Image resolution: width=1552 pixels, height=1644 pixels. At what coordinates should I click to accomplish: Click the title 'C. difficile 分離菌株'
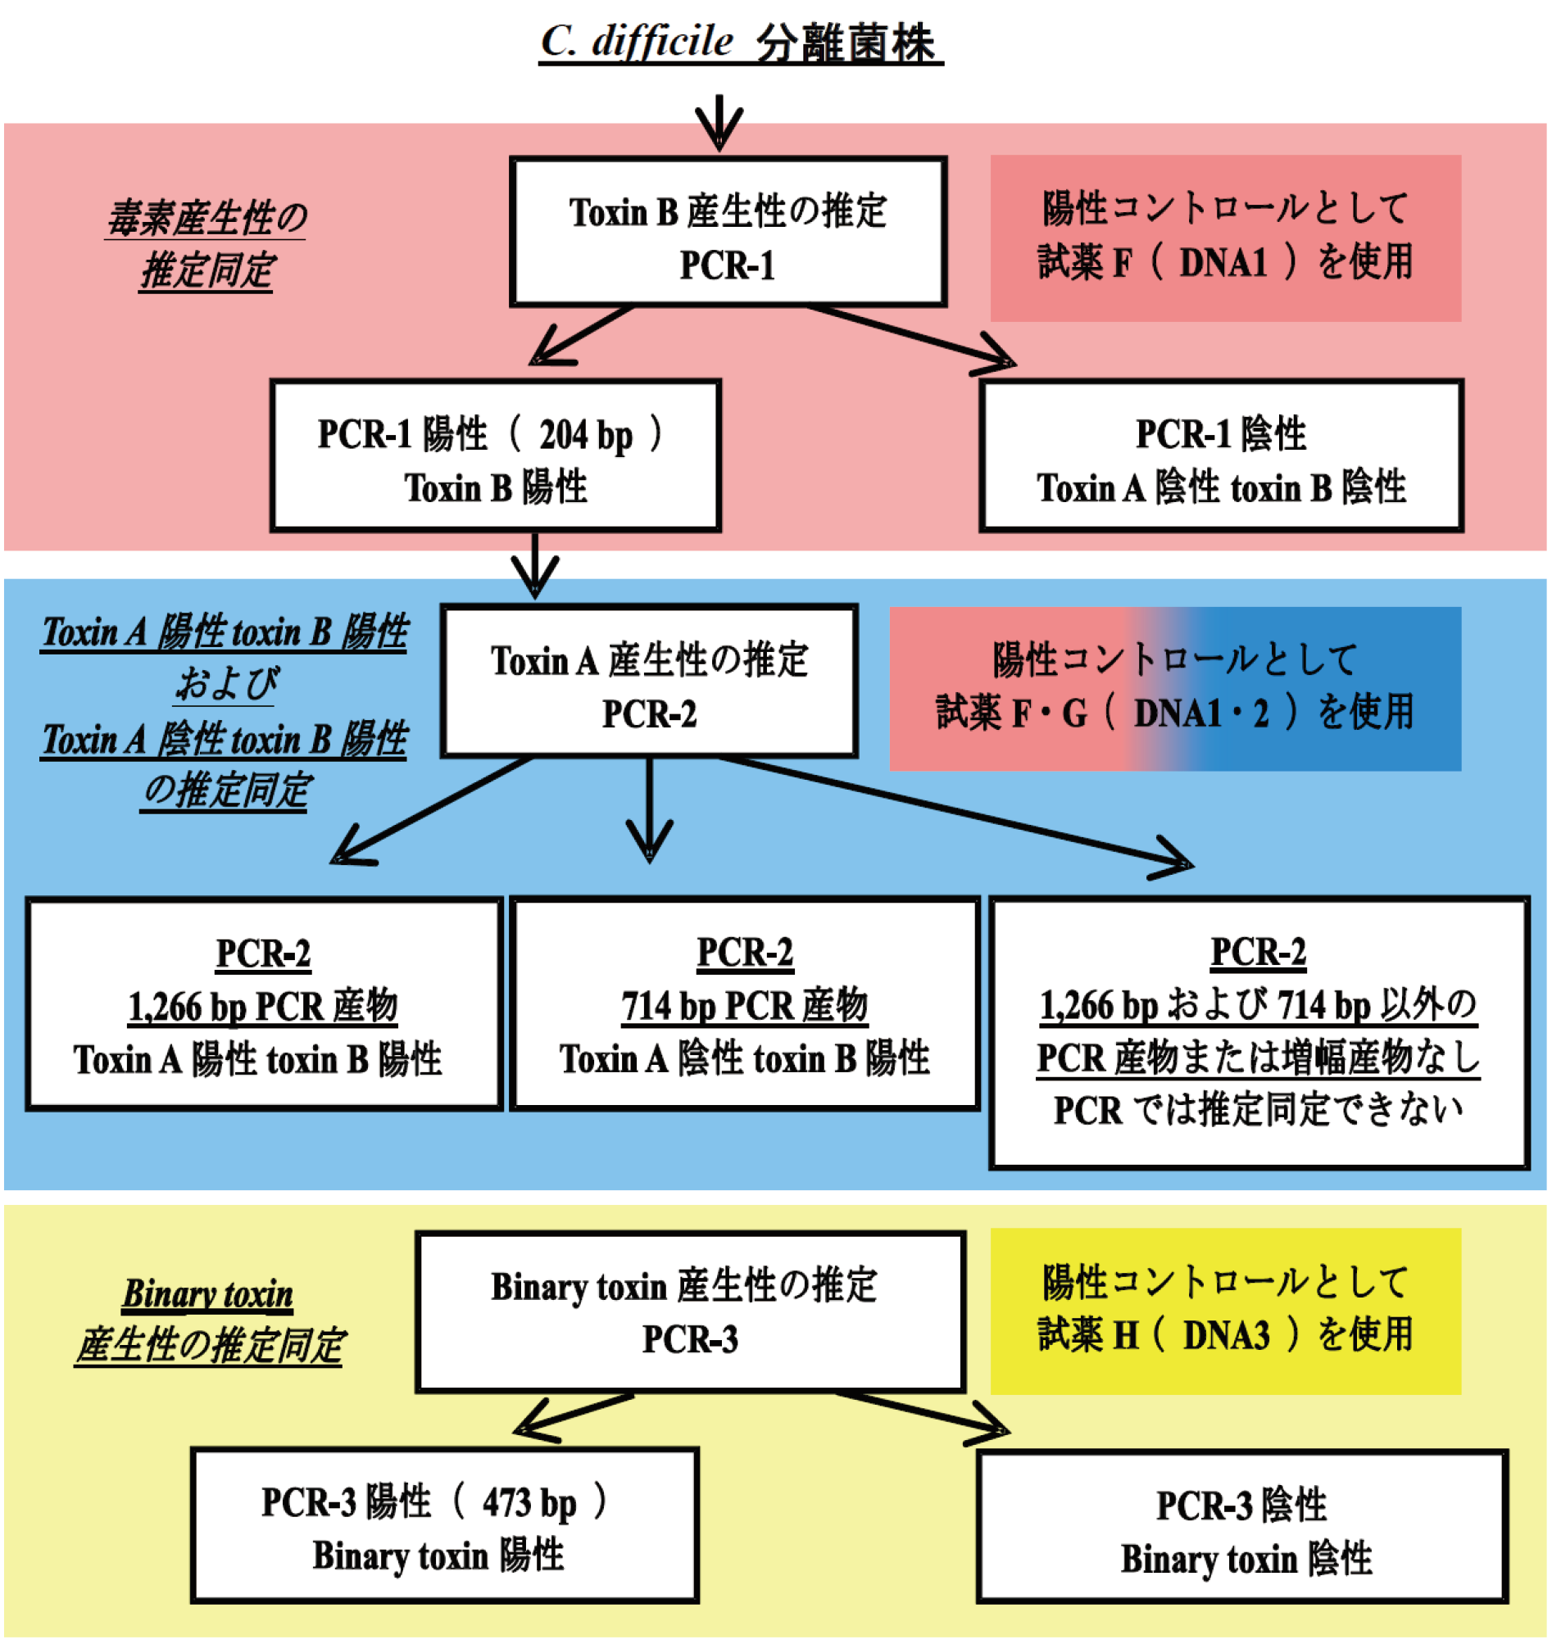click(x=741, y=41)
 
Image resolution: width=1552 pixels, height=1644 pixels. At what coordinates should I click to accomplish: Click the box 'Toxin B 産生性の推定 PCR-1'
click(x=728, y=233)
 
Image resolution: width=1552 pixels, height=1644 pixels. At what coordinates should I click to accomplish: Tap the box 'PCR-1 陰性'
click(x=1221, y=456)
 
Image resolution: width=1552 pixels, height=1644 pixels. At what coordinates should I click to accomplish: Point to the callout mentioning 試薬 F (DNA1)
click(x=1225, y=238)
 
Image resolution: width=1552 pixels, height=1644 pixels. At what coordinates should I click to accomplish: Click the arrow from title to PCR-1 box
click(x=719, y=124)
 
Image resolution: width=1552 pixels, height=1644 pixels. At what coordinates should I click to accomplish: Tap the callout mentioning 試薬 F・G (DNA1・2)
click(x=1175, y=689)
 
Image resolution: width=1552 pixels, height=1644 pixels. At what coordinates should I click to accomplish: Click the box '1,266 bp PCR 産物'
click(x=264, y=1005)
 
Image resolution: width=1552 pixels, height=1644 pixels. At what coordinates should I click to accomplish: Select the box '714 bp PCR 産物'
click(x=745, y=1004)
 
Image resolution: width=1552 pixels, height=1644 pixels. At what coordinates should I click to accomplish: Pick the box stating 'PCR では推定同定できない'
click(x=1259, y=1033)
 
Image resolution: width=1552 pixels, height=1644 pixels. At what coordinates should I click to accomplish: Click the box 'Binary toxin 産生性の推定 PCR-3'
click(x=690, y=1312)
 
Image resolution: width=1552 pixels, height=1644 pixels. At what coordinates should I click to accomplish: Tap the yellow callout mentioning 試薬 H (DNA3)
click(x=1225, y=1311)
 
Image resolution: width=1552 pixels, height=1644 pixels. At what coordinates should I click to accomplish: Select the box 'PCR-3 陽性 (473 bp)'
click(x=445, y=1526)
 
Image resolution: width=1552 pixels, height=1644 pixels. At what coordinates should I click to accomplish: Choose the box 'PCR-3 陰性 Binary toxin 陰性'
click(x=1241, y=1528)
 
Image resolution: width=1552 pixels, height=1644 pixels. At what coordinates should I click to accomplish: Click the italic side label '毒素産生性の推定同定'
click(x=206, y=245)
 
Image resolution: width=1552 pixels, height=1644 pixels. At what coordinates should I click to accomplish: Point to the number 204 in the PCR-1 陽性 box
click(x=563, y=435)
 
